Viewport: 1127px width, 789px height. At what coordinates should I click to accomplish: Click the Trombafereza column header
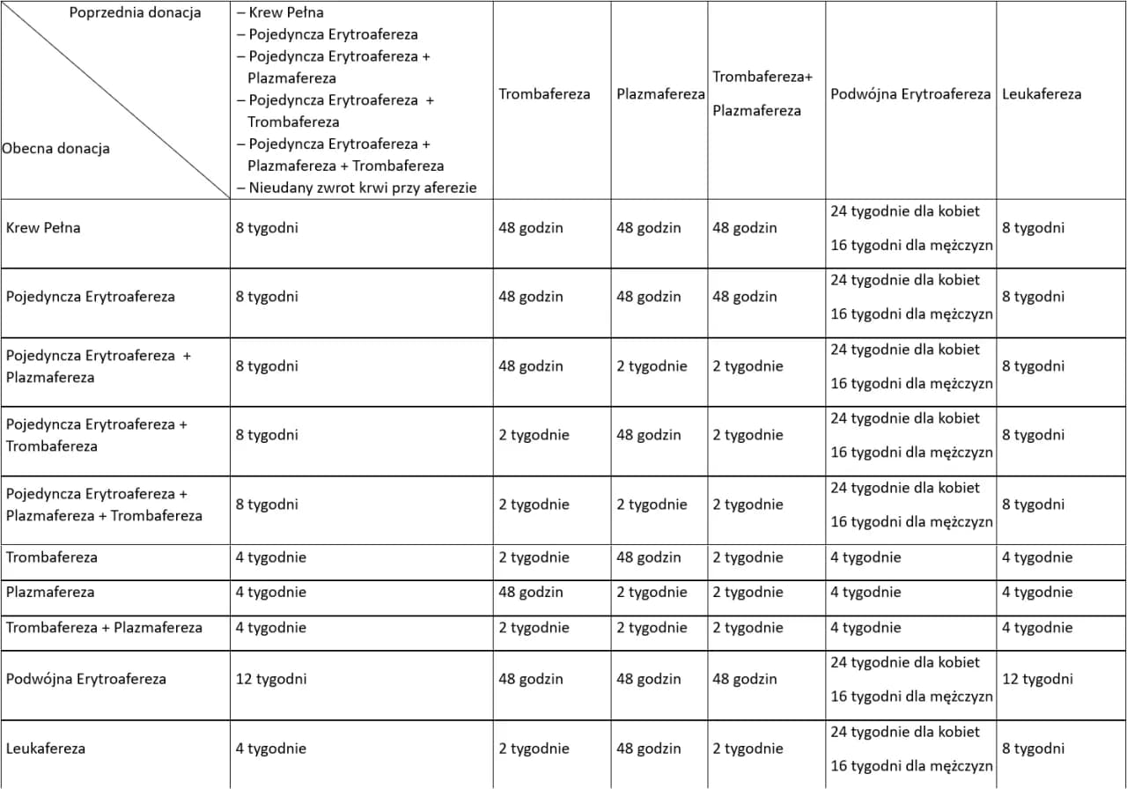[x=544, y=94]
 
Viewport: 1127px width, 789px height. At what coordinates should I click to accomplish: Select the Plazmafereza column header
[x=660, y=94]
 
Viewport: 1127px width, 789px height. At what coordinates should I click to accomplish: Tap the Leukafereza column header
[x=1042, y=94]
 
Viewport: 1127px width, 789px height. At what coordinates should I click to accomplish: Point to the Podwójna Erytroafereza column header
[x=910, y=94]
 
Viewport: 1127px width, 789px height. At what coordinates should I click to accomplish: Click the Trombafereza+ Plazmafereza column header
[x=762, y=93]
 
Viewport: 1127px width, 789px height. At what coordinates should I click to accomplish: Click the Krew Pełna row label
[x=43, y=228]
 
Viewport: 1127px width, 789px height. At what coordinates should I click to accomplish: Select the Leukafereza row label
[x=46, y=748]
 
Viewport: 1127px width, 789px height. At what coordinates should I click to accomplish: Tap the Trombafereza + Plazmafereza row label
[x=104, y=628]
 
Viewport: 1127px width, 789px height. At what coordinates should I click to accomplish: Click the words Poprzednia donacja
[x=135, y=13]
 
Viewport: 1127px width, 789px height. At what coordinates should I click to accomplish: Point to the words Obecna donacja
[x=56, y=149]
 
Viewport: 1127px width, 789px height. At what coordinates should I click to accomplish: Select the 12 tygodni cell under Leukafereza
[x=1037, y=679]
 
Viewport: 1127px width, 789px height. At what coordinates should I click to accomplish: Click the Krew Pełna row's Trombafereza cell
[x=531, y=228]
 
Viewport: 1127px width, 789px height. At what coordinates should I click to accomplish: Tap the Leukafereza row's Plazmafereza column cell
[x=649, y=748]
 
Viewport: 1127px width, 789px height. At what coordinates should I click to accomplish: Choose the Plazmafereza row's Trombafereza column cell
[x=531, y=593]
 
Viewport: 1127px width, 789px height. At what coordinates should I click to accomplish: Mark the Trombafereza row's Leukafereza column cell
[x=1037, y=557]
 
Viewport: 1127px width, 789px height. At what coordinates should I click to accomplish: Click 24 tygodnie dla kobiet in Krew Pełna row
[x=905, y=211]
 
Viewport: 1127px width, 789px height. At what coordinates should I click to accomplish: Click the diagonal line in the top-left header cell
[x=115, y=100]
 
